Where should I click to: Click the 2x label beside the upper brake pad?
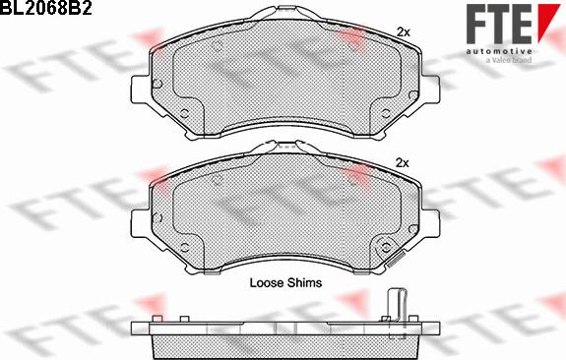(402, 32)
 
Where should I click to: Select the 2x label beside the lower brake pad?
(402, 162)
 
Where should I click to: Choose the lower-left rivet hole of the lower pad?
(184, 247)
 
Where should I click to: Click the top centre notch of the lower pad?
(283, 147)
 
